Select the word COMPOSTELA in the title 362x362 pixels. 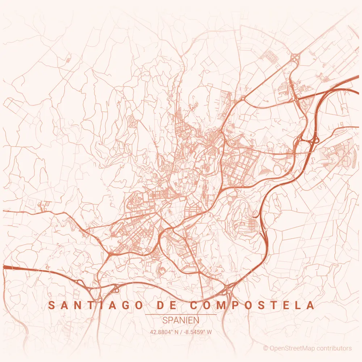[252, 305]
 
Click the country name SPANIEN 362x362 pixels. [181, 320]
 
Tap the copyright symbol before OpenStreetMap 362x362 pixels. [265, 348]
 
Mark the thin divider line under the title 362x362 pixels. [181, 315]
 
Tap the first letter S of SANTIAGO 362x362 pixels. [51, 305]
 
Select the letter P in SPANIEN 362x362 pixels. [171, 320]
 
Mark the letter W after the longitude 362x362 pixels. [209, 332]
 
